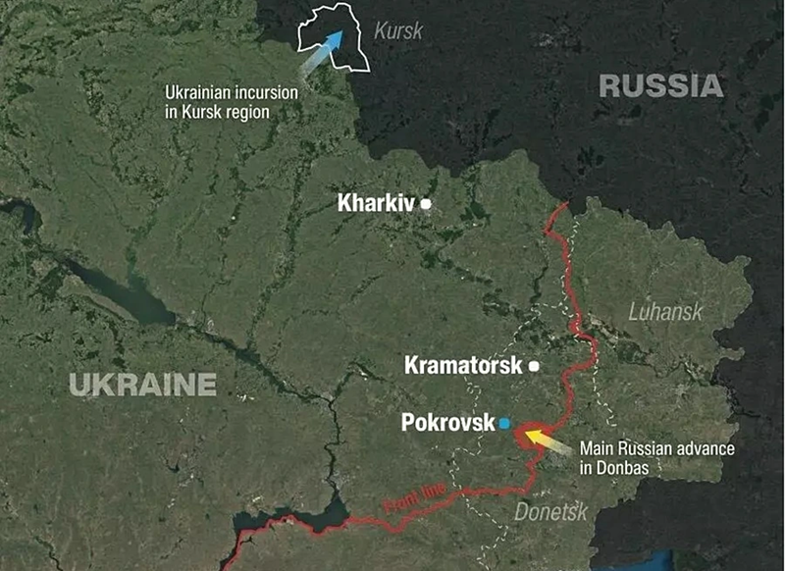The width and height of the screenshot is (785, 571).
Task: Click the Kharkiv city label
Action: [376, 204]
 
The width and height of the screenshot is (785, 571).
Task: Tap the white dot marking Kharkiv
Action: [426, 204]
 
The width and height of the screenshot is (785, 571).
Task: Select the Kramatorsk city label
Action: [463, 366]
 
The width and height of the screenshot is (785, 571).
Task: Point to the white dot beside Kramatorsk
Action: [534, 366]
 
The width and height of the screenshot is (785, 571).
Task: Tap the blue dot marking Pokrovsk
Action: [504, 423]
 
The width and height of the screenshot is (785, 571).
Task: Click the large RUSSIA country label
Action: [660, 86]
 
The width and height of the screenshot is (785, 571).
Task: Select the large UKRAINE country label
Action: [142, 384]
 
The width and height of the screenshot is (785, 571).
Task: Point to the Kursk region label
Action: [398, 31]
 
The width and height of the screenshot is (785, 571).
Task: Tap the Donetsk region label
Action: [550, 511]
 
